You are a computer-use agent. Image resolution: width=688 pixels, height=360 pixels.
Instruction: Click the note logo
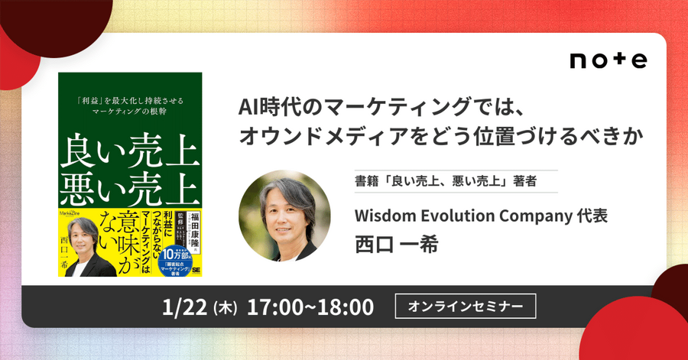pyautogui.click(x=608, y=60)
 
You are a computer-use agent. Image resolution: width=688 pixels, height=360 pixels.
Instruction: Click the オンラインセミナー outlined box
pyautogui.click(x=466, y=306)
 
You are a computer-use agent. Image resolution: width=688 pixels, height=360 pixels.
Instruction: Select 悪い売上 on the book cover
pyautogui.click(x=131, y=188)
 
